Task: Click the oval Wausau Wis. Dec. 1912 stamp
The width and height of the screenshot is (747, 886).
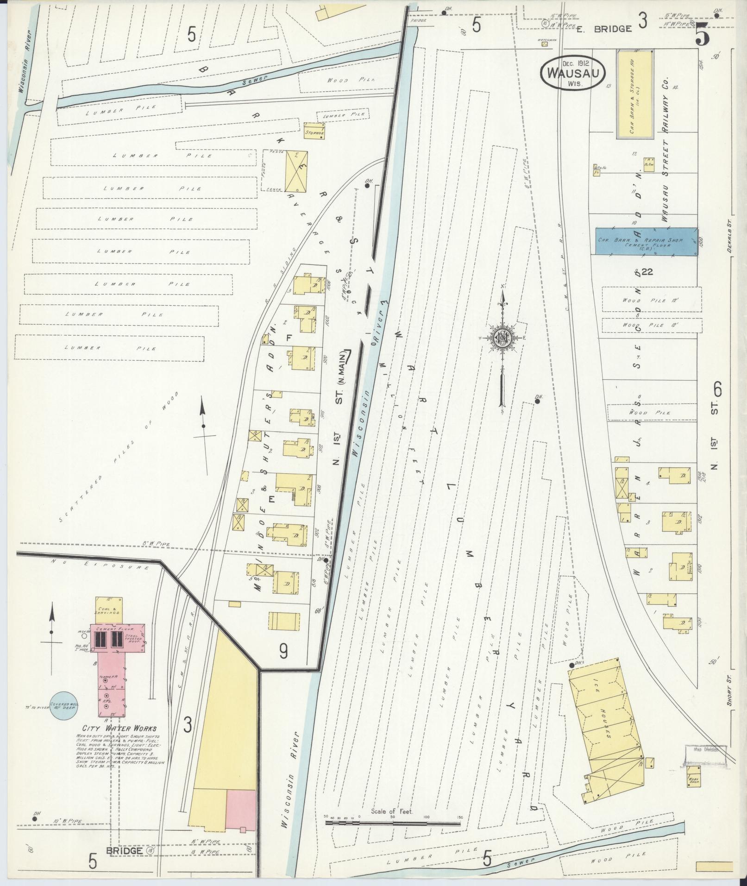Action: (x=572, y=72)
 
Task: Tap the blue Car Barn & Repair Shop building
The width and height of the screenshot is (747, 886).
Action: (x=646, y=241)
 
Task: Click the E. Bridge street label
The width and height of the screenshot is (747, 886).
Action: (x=604, y=29)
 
